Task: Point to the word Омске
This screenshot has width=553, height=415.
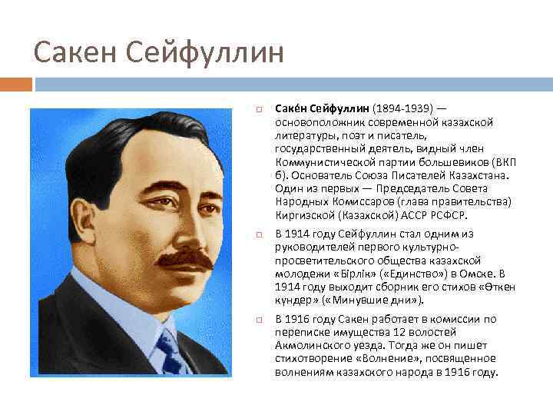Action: [475, 274]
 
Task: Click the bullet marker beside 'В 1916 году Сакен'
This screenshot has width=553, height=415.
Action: [262, 319]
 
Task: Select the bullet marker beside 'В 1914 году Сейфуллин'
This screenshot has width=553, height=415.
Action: [262, 234]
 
